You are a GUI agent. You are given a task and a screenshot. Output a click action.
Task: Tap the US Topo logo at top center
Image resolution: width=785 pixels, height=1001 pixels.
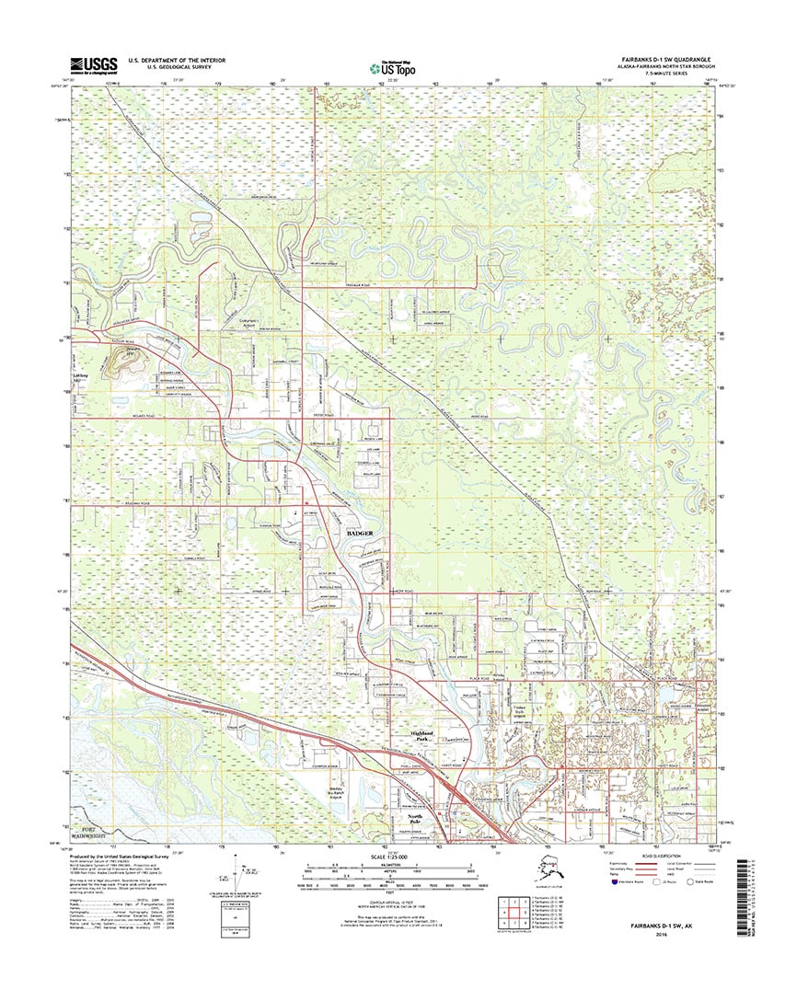coord(392,66)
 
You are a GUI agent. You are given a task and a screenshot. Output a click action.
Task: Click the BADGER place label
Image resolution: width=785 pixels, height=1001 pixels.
coord(362,533)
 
